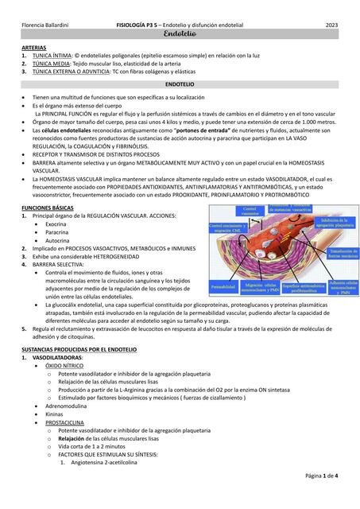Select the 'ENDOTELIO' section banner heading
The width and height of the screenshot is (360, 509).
coord(180,83)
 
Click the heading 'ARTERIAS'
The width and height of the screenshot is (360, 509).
coord(35,49)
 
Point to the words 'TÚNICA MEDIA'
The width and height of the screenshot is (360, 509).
coord(53,64)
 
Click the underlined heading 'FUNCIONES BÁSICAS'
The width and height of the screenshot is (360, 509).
coord(51,206)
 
